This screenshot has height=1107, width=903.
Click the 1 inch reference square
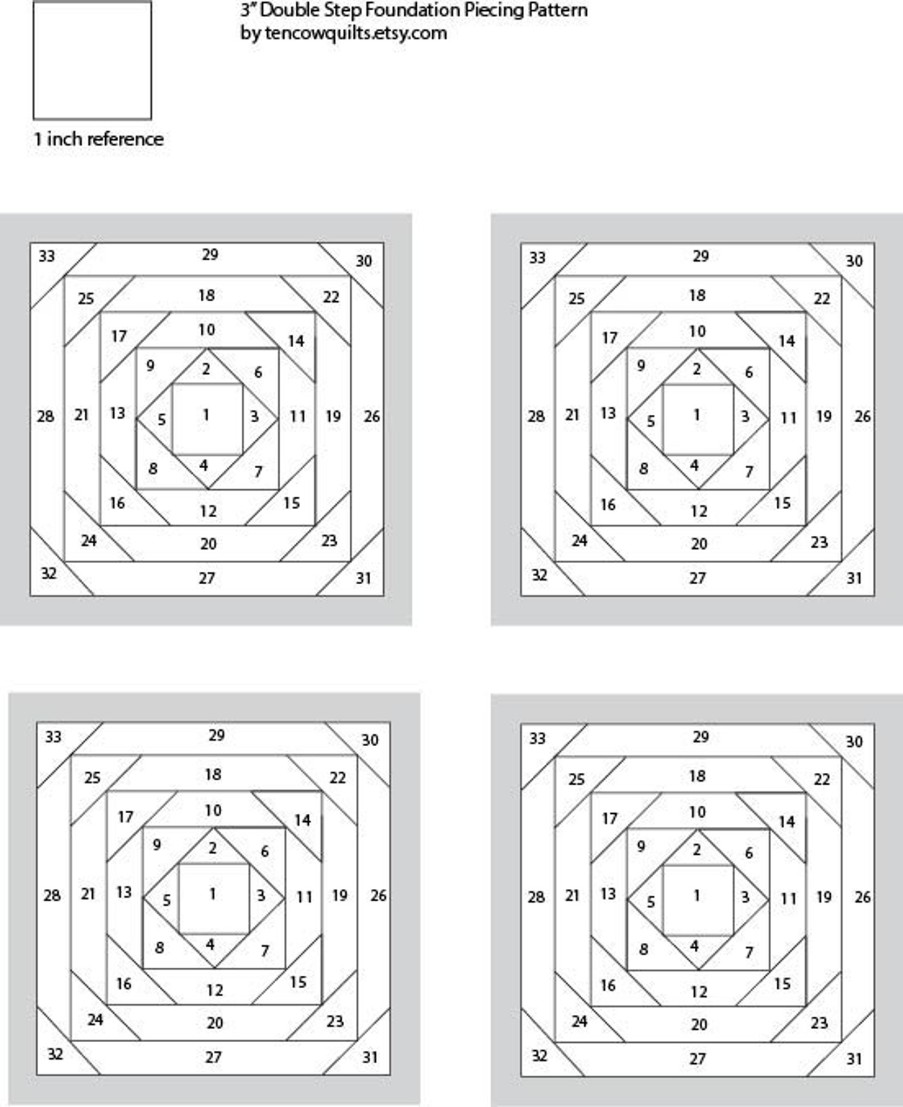pyautogui.click(x=92, y=61)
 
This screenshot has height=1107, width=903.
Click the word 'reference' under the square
pyautogui.click(x=134, y=139)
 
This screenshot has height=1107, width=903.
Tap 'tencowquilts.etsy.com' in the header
pyautogui.click(x=356, y=33)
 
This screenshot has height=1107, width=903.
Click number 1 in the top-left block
pyautogui.click(x=206, y=415)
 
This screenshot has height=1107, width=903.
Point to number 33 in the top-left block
pyautogui.click(x=47, y=256)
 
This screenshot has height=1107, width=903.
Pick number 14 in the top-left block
pyautogui.click(x=296, y=341)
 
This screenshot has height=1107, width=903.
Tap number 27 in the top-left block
pyautogui.click(x=207, y=578)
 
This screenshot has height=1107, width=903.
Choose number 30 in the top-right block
pyautogui.click(x=854, y=261)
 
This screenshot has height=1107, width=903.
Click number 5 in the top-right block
pyautogui.click(x=651, y=421)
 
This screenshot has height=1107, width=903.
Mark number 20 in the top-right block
pyautogui.click(x=699, y=544)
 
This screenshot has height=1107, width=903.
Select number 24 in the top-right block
pyautogui.click(x=579, y=540)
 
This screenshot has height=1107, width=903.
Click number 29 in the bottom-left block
pyautogui.click(x=216, y=735)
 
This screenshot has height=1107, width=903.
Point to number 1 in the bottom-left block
pyautogui.click(x=212, y=894)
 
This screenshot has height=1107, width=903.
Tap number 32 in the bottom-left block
pyautogui.click(x=55, y=1054)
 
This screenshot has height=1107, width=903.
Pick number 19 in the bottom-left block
pyautogui.click(x=339, y=896)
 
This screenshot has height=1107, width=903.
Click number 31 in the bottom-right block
pyautogui.click(x=854, y=1059)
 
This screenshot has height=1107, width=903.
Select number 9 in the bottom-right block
pyautogui.click(x=641, y=846)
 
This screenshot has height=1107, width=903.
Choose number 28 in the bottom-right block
pyautogui.click(x=536, y=897)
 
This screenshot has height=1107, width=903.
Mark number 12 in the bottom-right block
pyautogui.click(x=699, y=992)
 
